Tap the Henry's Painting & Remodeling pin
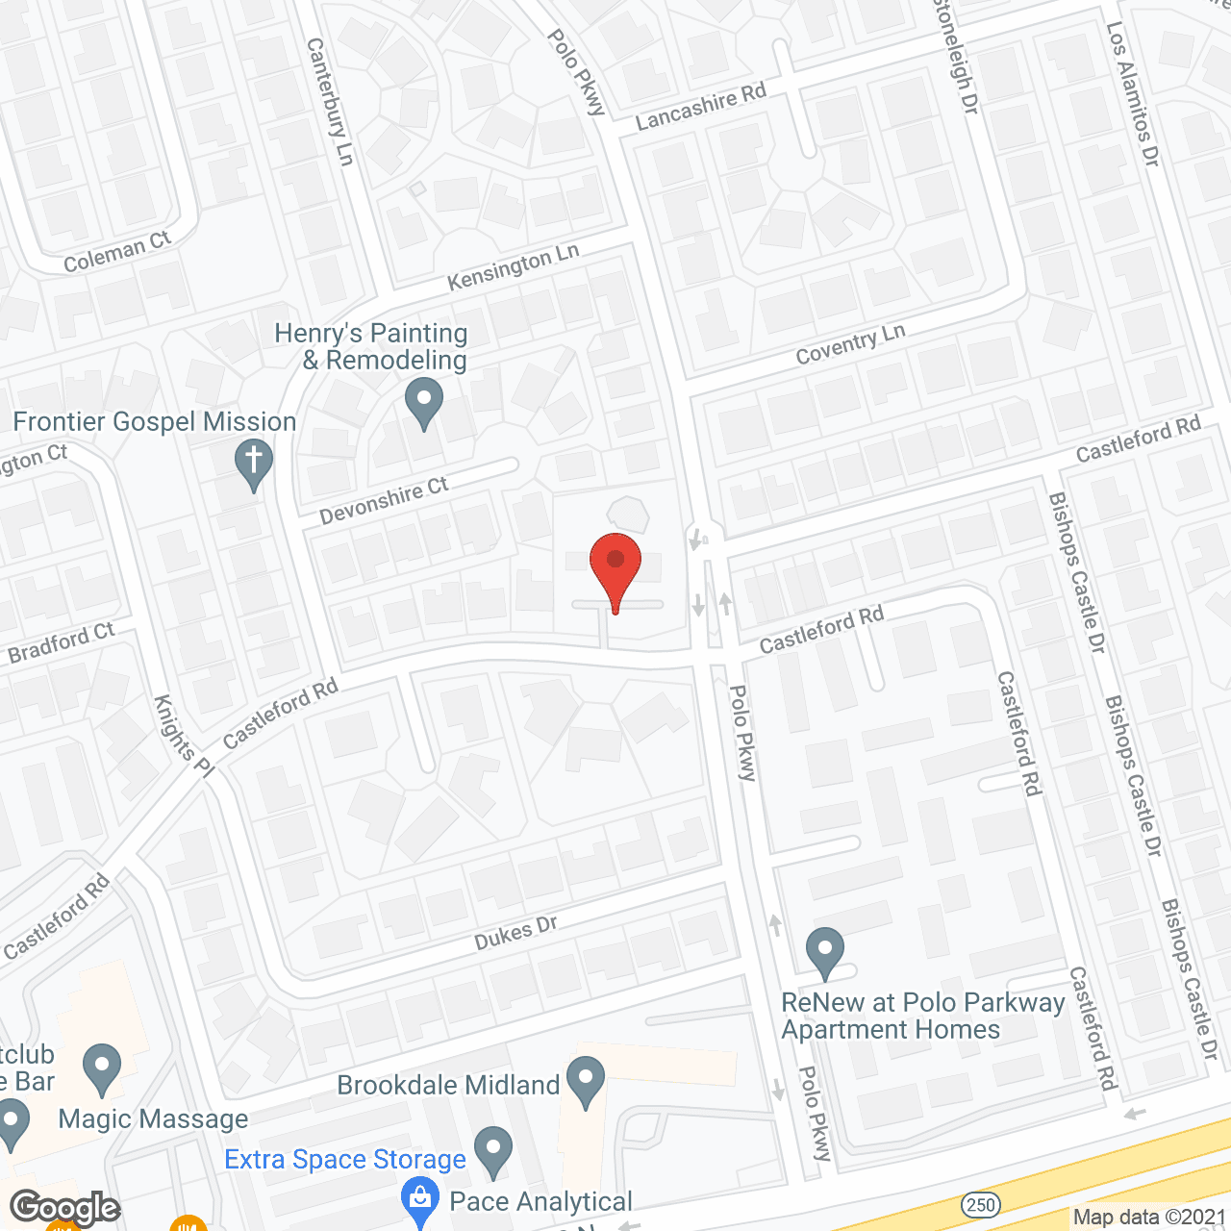point(423,401)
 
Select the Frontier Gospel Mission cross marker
point(254,463)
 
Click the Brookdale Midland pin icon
point(585,1080)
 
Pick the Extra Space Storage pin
point(492,1150)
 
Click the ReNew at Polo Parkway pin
point(824,951)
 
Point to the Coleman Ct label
point(116,252)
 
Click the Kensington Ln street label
point(514,266)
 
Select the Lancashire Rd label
point(701,107)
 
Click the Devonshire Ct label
point(384,500)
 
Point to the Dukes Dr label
point(516,933)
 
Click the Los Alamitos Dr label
point(1133,94)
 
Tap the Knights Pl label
point(184,737)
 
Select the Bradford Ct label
point(62,642)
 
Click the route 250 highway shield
point(980,1204)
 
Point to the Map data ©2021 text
point(1149,1217)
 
